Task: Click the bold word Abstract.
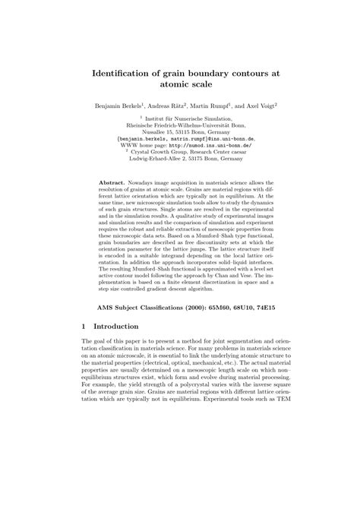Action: tap(114, 183)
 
